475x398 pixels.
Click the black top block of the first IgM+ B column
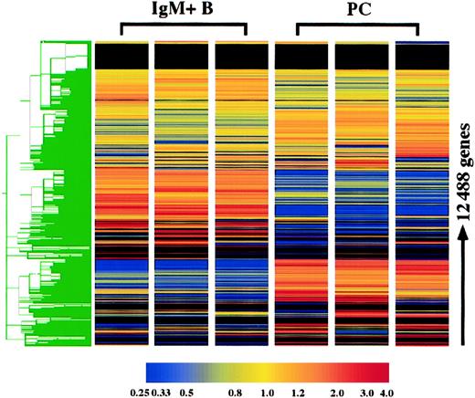120,56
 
